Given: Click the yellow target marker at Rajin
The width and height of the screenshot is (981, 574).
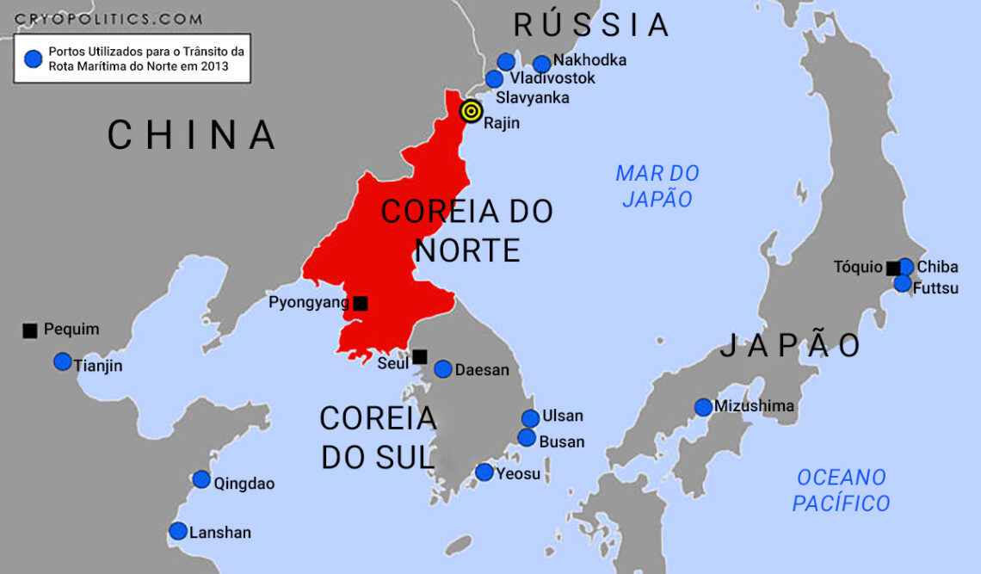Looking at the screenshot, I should pyautogui.click(x=471, y=111).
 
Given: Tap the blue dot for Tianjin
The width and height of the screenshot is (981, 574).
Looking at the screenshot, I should pyautogui.click(x=63, y=361).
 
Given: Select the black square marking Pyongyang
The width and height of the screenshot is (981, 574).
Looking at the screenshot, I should pyautogui.click(x=361, y=303).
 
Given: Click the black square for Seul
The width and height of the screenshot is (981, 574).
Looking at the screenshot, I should pyautogui.click(x=419, y=356).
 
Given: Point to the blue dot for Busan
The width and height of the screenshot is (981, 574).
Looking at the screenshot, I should pyautogui.click(x=527, y=437).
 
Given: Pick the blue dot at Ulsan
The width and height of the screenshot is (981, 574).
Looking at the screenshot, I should pyautogui.click(x=530, y=418).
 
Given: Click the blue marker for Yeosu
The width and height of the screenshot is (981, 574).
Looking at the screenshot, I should pyautogui.click(x=484, y=472).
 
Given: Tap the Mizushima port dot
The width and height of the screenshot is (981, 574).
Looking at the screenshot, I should pyautogui.click(x=703, y=407).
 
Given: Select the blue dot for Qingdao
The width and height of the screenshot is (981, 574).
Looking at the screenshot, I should pyautogui.click(x=201, y=479).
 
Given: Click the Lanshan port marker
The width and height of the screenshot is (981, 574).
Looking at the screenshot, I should pyautogui.click(x=178, y=531).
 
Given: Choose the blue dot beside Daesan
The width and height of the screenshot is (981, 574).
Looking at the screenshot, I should pyautogui.click(x=443, y=369).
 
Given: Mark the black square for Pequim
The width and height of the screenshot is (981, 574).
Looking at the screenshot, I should pyautogui.click(x=30, y=330).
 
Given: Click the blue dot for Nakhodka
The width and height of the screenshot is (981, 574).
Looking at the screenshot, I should pyautogui.click(x=541, y=64).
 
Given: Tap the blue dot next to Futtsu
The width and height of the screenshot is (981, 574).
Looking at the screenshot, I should pyautogui.click(x=902, y=283).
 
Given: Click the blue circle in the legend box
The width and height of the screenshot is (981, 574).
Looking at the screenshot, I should pyautogui.click(x=33, y=59).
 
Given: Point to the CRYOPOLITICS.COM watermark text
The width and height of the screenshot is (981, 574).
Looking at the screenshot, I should pyautogui.click(x=108, y=18).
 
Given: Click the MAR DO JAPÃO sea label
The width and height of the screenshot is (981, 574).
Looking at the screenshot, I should pyautogui.click(x=657, y=186).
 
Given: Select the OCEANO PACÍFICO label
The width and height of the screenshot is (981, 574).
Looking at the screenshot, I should pyautogui.click(x=841, y=490).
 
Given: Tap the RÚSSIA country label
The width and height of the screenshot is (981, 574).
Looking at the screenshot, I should pyautogui.click(x=591, y=25).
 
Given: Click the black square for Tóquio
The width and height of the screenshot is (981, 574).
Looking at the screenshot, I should pyautogui.click(x=893, y=268).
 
